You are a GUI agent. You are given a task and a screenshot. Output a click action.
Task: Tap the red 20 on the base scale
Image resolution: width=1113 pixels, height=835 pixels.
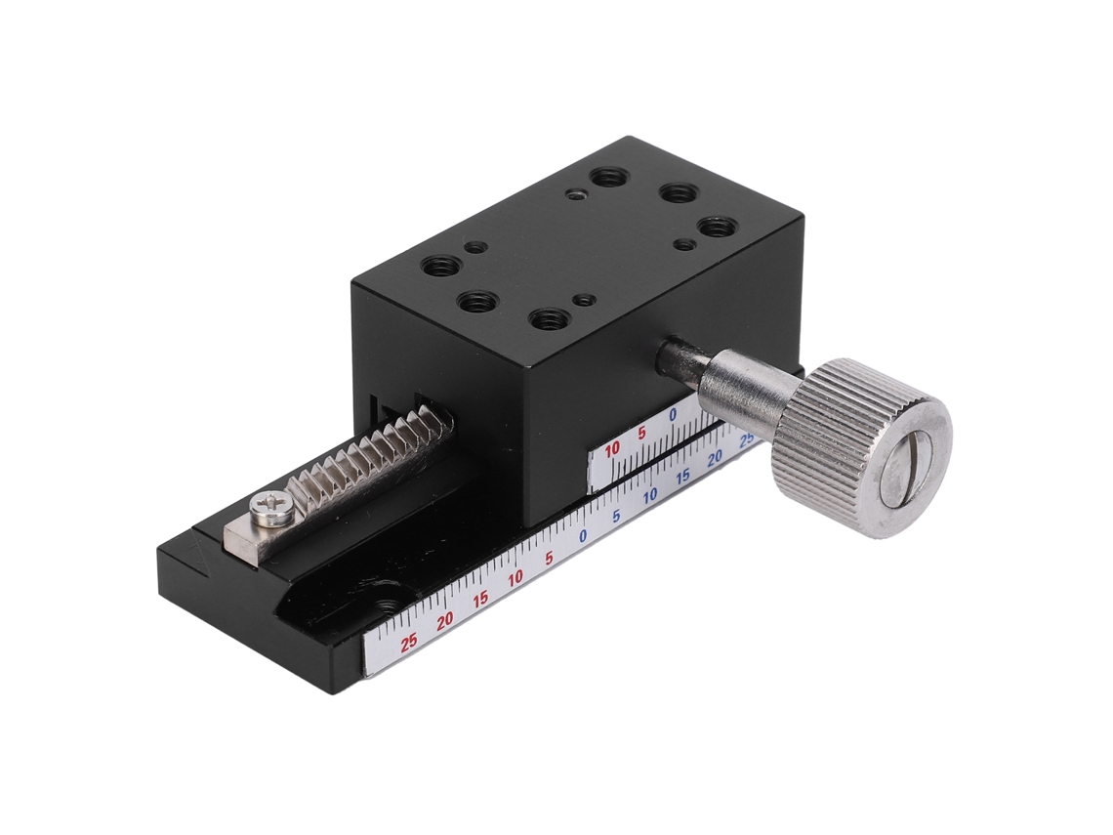click(x=445, y=621)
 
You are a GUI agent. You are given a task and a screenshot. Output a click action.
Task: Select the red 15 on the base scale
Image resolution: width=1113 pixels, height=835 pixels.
click(x=480, y=599)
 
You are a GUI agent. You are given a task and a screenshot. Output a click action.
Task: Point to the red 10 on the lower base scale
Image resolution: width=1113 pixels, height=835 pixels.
click(x=515, y=576)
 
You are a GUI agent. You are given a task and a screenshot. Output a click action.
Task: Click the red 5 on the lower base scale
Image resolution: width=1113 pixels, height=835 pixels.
click(x=549, y=558)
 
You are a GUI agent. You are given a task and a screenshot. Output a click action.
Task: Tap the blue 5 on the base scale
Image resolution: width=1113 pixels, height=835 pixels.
click(x=616, y=517)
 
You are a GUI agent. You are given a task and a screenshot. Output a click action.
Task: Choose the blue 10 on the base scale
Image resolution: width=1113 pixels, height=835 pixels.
click(x=649, y=496)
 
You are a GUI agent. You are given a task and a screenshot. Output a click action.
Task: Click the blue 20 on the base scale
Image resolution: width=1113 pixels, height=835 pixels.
click(x=716, y=456)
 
